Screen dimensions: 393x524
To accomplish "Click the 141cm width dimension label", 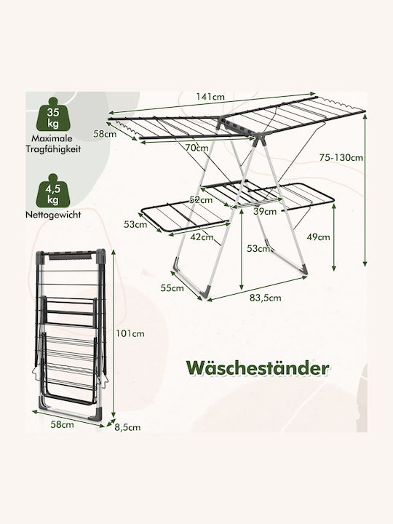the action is (x=210, y=97).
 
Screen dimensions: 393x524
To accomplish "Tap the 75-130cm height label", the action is (x=341, y=157).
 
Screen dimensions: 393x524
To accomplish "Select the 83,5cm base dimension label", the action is (x=266, y=298).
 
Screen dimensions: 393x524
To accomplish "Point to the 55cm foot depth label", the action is (x=172, y=287).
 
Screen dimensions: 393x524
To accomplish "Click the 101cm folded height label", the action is (x=130, y=333).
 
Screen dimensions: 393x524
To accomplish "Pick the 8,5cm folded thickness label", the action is (x=127, y=427).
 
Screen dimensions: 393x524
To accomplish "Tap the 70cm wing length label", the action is (x=196, y=147).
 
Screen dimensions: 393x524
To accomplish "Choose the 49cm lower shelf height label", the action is (x=319, y=237).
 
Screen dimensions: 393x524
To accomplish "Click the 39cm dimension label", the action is (x=265, y=211).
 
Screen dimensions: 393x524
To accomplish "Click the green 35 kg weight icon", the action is (x=53, y=114).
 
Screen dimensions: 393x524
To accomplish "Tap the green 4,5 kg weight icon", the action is (x=53, y=191).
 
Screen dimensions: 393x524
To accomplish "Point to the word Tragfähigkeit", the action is (x=53, y=148).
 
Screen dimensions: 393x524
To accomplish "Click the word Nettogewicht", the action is (x=53, y=215).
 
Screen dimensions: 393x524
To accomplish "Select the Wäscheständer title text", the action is (x=258, y=368).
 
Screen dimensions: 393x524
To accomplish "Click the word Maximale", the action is (x=52, y=138).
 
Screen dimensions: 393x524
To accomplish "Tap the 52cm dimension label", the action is (x=201, y=200).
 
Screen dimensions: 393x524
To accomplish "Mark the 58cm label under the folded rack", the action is (x=62, y=425).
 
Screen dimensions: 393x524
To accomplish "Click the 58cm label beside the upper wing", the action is (x=105, y=134).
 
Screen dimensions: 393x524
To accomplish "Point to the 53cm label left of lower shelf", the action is (x=135, y=224).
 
